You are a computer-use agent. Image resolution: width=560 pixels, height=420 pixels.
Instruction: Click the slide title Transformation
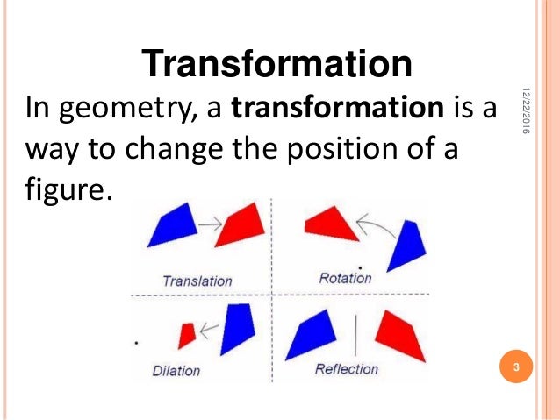276,64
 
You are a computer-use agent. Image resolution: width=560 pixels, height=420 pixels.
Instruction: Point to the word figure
67,189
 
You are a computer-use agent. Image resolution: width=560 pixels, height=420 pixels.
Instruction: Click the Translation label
197,281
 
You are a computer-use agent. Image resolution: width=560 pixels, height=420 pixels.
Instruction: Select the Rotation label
345,278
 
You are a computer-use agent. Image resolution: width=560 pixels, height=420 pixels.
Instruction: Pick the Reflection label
346,369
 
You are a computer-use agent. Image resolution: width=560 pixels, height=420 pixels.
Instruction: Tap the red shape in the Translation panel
241,225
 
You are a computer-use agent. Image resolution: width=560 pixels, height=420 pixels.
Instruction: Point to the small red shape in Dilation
186,334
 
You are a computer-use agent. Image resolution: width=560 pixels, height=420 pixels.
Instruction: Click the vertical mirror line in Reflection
355,336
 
